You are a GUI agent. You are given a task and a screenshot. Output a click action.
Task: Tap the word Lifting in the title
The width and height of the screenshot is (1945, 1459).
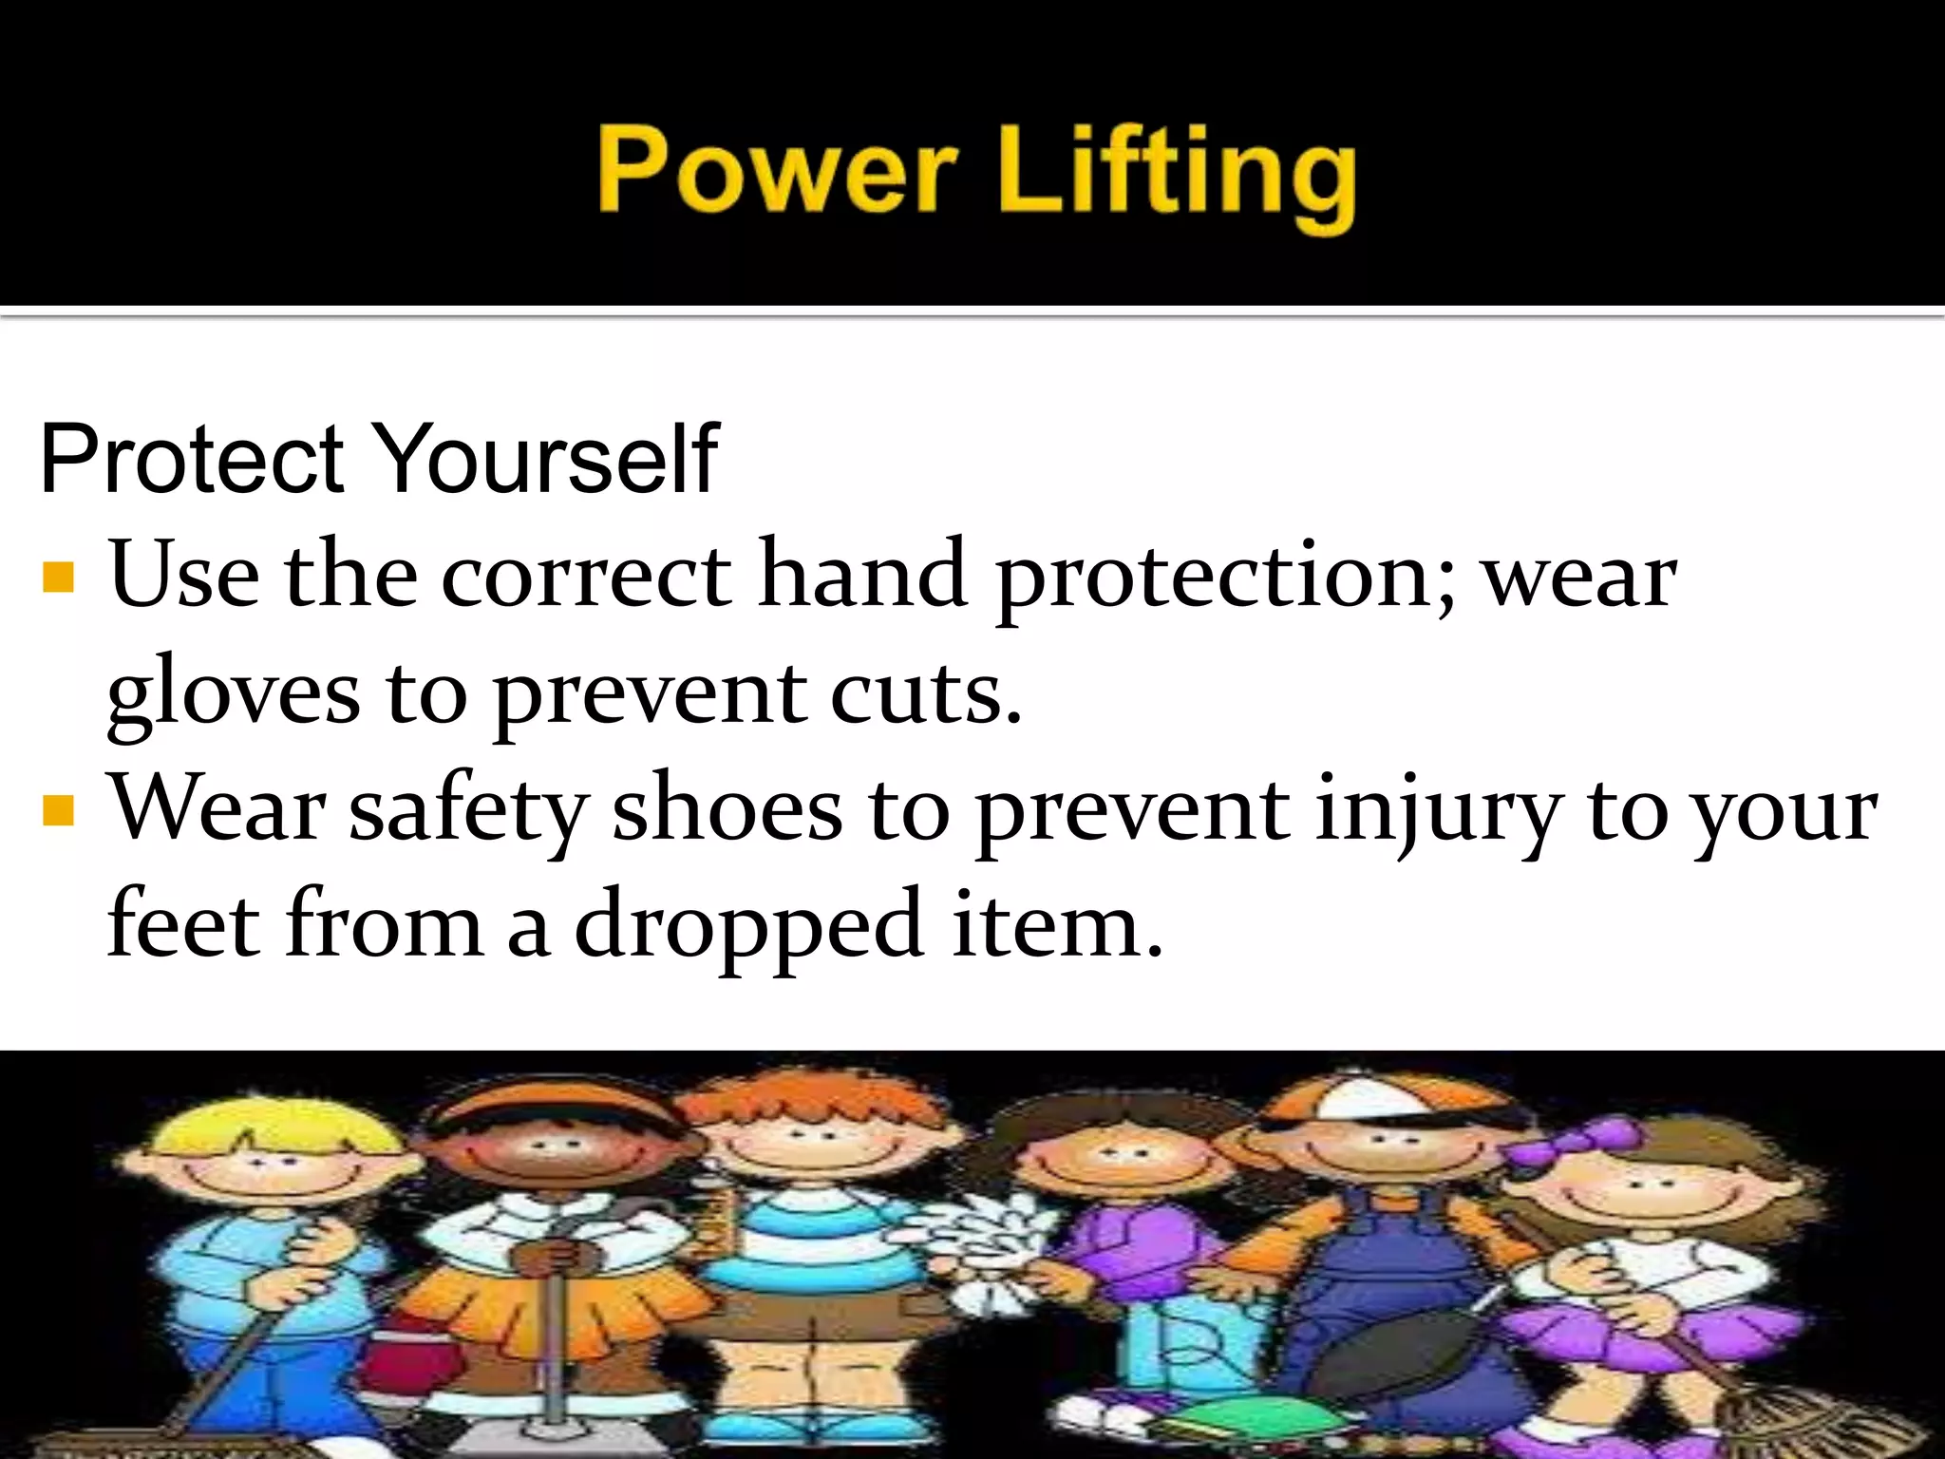[x=1178, y=176]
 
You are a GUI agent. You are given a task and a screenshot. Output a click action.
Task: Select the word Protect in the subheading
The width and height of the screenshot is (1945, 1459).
[x=191, y=460]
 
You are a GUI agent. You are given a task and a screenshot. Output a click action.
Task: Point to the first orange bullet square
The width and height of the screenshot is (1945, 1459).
[x=59, y=578]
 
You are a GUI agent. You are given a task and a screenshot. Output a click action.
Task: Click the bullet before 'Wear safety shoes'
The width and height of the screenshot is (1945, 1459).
[x=59, y=811]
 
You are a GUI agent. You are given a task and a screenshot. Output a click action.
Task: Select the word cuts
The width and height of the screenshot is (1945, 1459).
[x=926, y=693]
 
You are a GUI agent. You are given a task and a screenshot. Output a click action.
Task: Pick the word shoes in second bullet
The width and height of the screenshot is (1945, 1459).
[x=727, y=811]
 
